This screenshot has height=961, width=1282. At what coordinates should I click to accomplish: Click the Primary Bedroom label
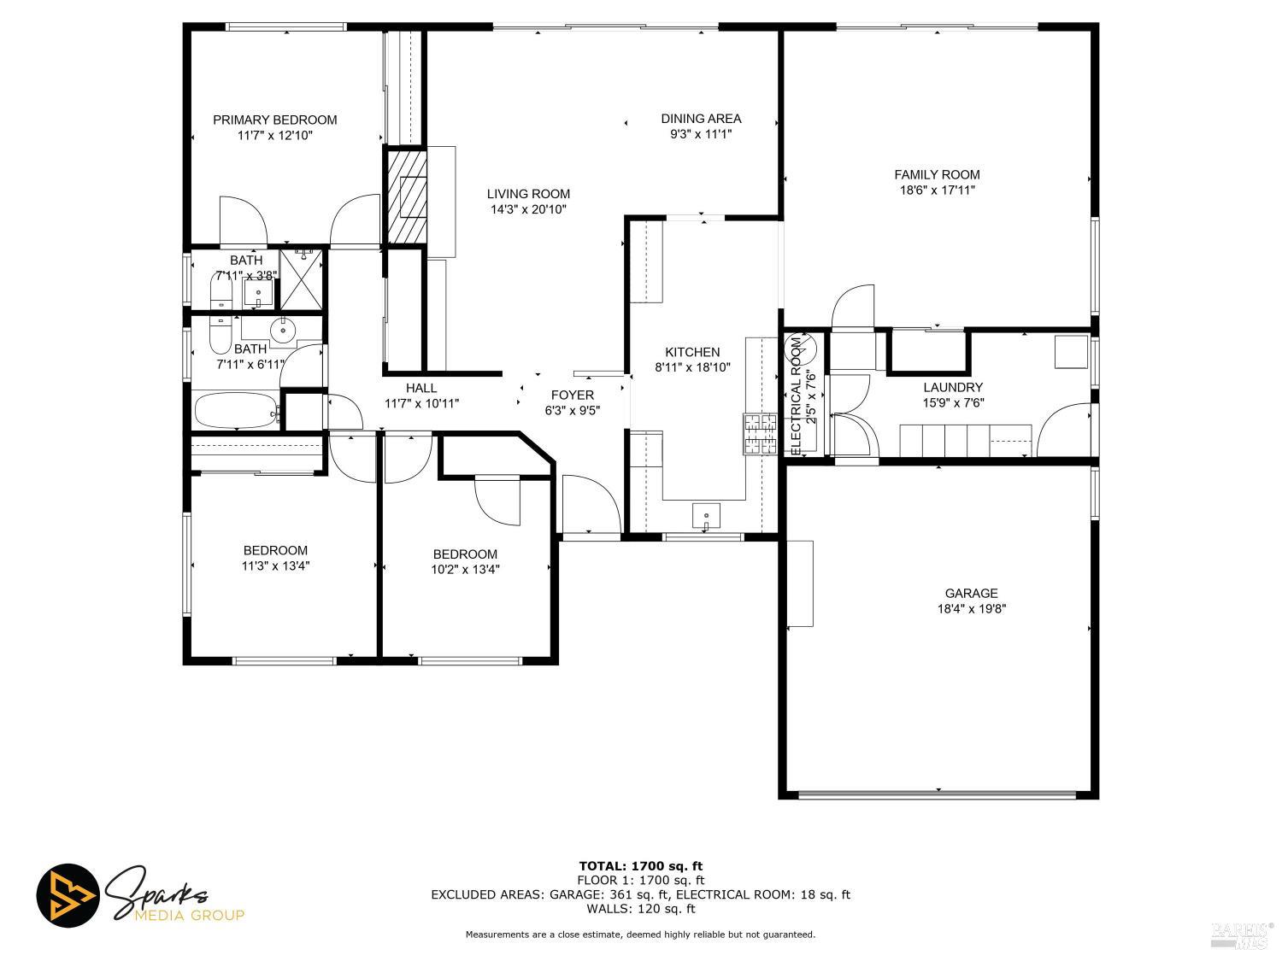click(x=274, y=120)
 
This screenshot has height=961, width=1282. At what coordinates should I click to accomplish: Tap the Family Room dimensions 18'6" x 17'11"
click(x=937, y=190)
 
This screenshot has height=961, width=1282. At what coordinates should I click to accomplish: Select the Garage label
click(x=971, y=594)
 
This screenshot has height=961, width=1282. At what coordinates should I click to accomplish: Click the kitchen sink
click(x=706, y=515)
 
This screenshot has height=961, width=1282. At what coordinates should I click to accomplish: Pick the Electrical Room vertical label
click(x=796, y=395)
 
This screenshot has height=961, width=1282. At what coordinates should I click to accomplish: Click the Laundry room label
click(x=953, y=387)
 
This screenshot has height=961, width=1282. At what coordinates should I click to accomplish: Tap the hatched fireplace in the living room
click(x=408, y=196)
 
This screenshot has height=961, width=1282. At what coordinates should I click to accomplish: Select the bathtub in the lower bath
click(x=237, y=411)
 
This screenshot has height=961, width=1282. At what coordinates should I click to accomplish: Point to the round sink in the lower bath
click(x=282, y=329)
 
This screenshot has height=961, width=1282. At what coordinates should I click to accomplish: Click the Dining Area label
click(x=701, y=119)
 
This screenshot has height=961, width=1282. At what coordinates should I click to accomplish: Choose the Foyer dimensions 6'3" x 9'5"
click(x=572, y=410)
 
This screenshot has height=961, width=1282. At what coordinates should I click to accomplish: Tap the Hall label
click(x=421, y=388)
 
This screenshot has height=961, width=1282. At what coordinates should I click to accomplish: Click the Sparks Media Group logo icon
click(x=68, y=896)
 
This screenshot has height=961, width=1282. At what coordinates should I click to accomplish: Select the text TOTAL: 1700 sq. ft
click(x=640, y=866)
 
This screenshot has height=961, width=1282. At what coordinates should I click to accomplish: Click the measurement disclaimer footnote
click(x=640, y=935)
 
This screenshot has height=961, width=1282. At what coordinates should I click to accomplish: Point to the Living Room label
click(x=528, y=194)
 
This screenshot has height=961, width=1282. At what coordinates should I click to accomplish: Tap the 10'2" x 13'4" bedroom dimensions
click(x=465, y=570)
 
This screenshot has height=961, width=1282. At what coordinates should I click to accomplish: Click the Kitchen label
click(x=692, y=352)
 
